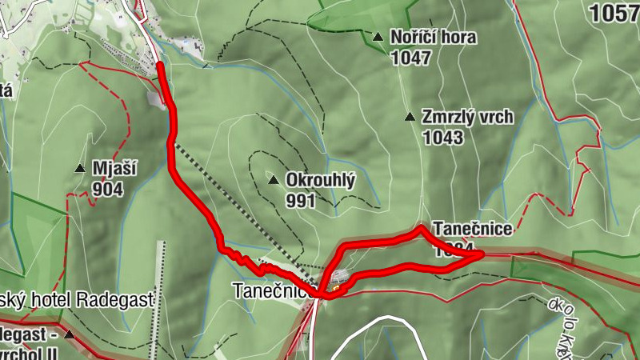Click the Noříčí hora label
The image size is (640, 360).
(433, 37)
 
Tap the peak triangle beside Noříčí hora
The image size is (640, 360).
(378, 36)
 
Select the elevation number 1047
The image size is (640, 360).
(411, 58)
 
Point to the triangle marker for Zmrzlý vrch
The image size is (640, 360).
(410, 117)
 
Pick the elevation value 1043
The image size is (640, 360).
(443, 138)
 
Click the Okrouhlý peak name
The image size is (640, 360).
(320, 181)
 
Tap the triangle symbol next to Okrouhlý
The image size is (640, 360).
(274, 179)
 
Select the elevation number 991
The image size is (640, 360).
(300, 201)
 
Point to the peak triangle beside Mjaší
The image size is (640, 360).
(80, 168)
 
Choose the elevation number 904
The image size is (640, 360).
(107, 189)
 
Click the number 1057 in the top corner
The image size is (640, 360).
(614, 12)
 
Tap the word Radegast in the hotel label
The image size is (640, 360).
(117, 299)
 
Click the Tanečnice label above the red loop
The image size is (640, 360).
(472, 230)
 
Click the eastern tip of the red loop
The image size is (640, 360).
(482, 254)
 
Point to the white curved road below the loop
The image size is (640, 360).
(376, 320)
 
